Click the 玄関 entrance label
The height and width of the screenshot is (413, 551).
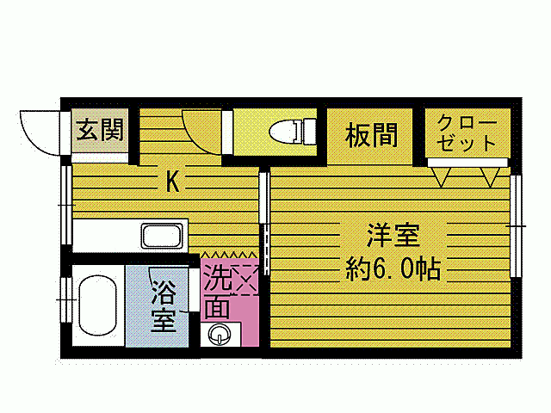click(100, 131)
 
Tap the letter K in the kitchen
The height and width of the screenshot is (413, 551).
click(172, 182)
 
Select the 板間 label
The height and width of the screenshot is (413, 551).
click(371, 134)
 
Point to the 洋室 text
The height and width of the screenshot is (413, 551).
click(393, 235)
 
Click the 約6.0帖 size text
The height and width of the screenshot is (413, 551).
click(393, 270)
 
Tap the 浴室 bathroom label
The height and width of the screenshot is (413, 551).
click(164, 305)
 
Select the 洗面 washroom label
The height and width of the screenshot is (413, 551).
click(217, 293)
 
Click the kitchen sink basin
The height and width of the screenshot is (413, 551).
click(164, 235)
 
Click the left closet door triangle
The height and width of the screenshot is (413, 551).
click(443, 176)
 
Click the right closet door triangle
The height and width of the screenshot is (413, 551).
click(491, 176)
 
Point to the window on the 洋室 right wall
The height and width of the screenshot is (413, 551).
click(516, 225)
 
